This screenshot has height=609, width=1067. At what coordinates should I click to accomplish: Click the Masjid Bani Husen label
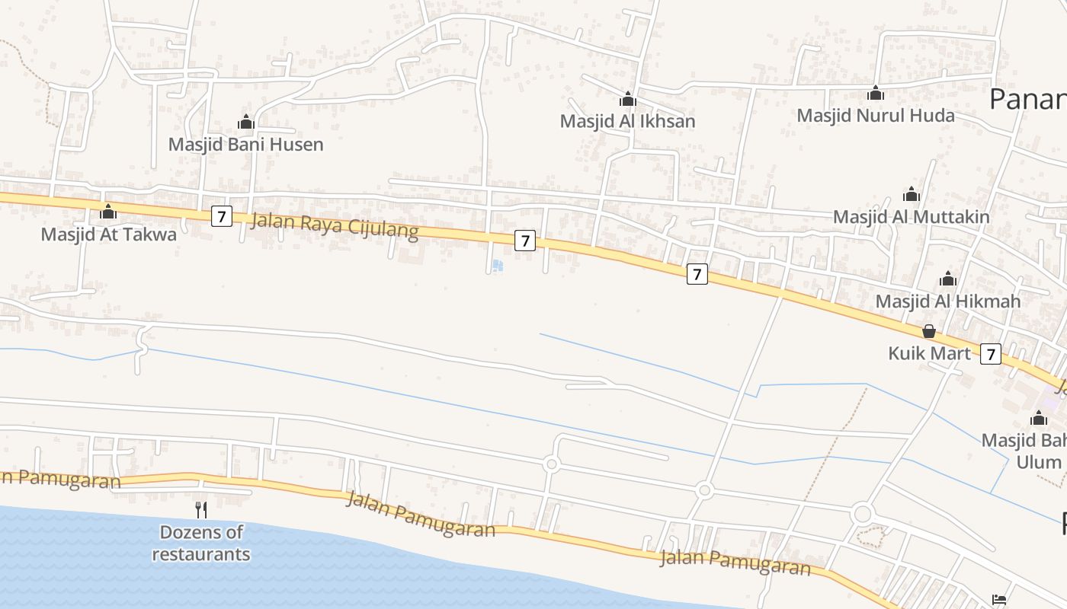coord(245,144)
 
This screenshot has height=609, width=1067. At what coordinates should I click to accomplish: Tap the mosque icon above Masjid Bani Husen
coord(245,122)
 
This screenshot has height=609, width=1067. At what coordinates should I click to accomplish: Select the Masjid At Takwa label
coord(108,234)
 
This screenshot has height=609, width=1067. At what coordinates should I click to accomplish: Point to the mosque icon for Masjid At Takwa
coord(108,212)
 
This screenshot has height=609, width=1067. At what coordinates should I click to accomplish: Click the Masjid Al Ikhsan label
coord(627,121)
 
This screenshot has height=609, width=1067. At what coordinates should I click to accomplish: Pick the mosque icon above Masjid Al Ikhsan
coord(627,99)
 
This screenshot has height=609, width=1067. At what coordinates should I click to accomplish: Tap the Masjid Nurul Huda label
coord(876,115)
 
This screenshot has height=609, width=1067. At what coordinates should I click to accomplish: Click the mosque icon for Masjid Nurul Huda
coord(876,93)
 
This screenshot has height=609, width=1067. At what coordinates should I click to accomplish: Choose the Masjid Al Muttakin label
coord(911,216)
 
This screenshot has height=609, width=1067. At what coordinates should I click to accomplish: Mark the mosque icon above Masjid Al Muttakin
coord(911,194)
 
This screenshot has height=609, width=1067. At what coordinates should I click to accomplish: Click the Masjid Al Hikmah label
coord(947,301)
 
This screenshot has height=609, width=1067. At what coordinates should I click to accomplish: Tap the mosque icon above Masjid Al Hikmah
coord(947,279)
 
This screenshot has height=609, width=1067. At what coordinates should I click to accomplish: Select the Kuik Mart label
coord(929,353)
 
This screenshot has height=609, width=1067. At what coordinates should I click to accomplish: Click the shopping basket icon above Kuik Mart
coord(929,331)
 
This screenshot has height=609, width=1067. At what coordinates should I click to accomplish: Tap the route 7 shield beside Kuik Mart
coord(990,353)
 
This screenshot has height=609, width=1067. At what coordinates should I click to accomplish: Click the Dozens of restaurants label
coord(201,543)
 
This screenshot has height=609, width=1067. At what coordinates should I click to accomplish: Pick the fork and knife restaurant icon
coord(201,509)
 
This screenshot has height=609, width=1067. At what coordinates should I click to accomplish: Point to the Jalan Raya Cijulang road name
coord(335,226)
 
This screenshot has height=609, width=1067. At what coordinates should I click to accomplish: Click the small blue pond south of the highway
coord(497,266)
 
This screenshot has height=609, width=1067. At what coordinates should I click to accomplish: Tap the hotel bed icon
coord(1000,599)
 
